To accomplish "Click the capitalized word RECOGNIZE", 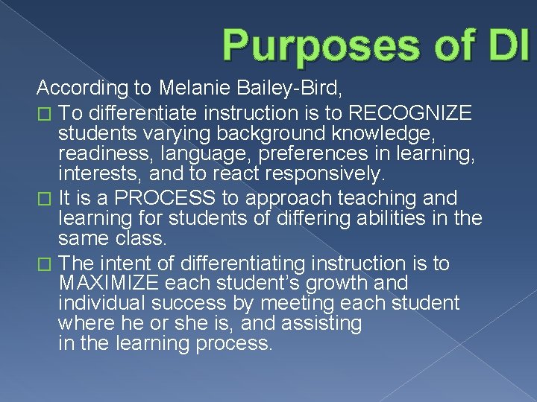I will click(x=410, y=113).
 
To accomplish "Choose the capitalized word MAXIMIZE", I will click(x=110, y=284).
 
